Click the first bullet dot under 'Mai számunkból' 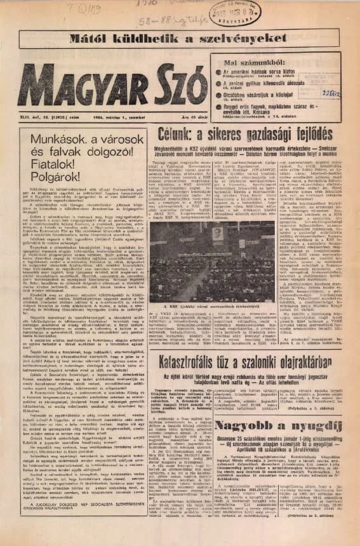click(219, 73)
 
